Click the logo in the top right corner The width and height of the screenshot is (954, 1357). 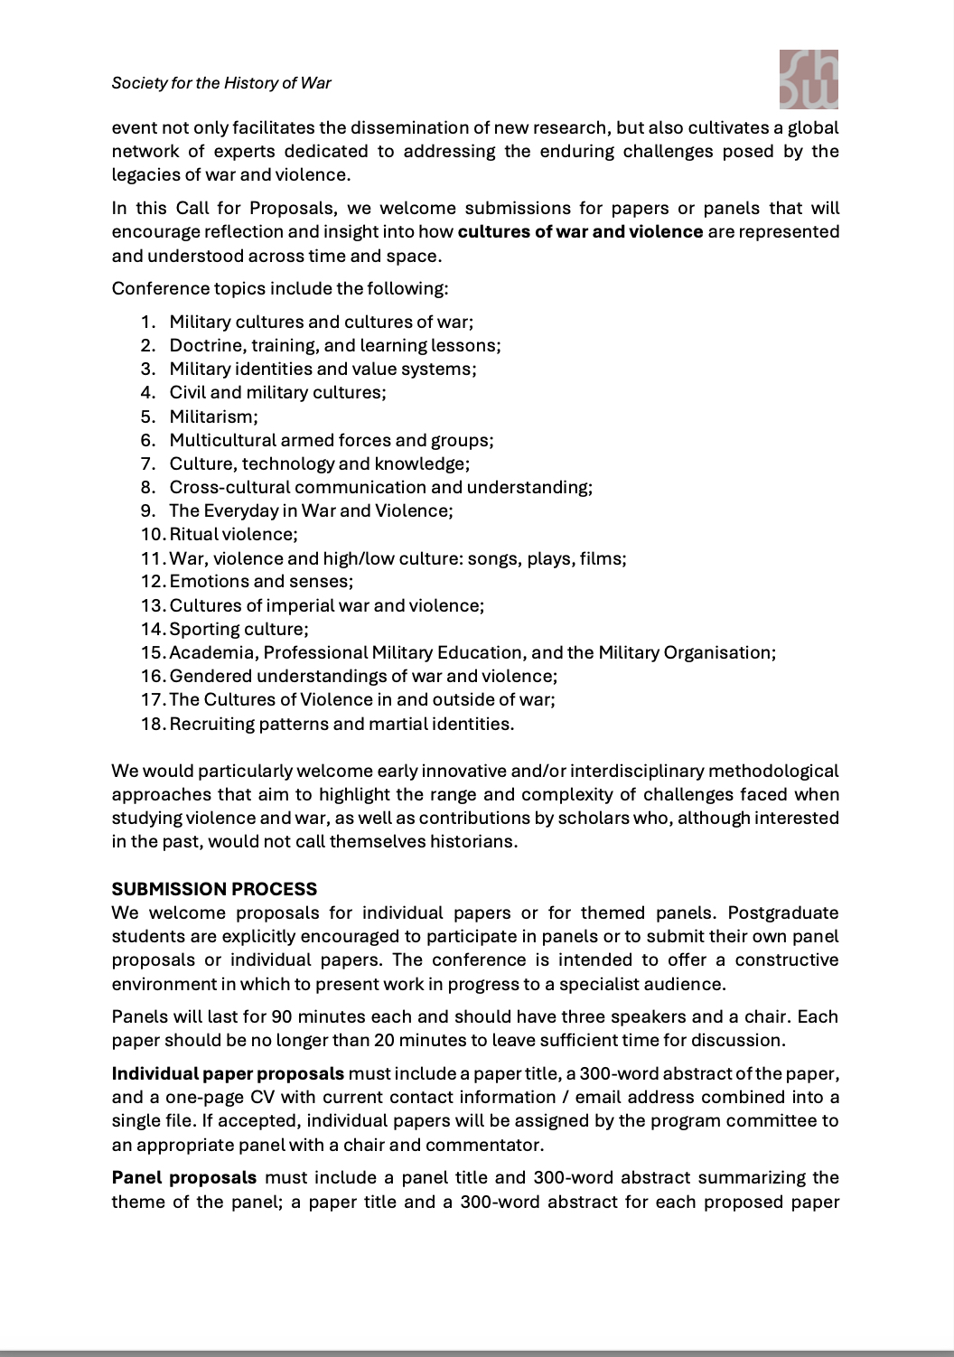(x=808, y=79)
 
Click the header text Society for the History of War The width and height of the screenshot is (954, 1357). (x=221, y=83)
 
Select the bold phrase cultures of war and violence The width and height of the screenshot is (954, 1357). (x=580, y=231)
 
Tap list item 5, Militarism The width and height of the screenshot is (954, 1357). (x=213, y=416)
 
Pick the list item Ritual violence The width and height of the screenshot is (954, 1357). (x=233, y=534)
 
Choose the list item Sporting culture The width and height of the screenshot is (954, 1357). (x=238, y=629)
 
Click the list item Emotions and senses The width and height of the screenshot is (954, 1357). (x=261, y=581)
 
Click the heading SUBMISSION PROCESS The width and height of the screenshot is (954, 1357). (x=214, y=889)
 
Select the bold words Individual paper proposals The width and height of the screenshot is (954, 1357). (x=228, y=1073)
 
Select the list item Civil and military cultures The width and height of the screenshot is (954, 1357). (x=277, y=392)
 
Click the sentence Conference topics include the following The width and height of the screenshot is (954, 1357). (x=280, y=288)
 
